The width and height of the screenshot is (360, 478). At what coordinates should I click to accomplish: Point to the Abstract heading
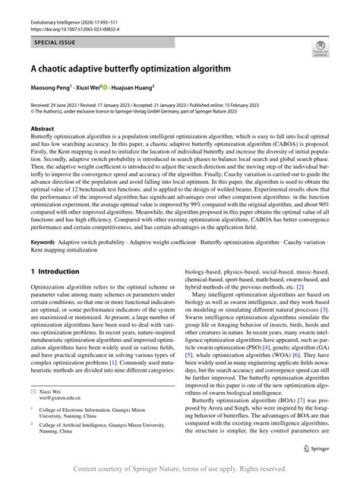click(42, 129)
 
